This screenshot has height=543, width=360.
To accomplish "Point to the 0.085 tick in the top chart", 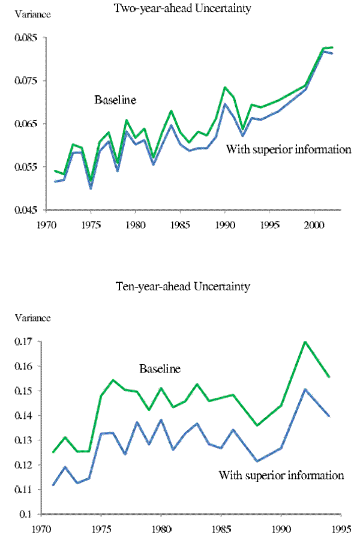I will tap(23, 38).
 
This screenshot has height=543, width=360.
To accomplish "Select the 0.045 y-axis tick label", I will tap(23, 210).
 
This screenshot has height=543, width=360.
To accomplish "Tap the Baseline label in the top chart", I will tap(115, 100).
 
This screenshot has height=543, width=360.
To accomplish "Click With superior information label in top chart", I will tap(288, 149).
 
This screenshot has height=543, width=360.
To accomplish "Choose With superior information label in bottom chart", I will tap(281, 475).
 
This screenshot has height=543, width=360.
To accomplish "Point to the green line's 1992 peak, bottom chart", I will tap(305, 342).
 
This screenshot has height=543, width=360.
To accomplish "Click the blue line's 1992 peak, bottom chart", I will tap(305, 389).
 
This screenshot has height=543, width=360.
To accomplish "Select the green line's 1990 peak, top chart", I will tap(225, 88).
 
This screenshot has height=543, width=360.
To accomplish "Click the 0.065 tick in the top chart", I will tap(23, 124).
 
